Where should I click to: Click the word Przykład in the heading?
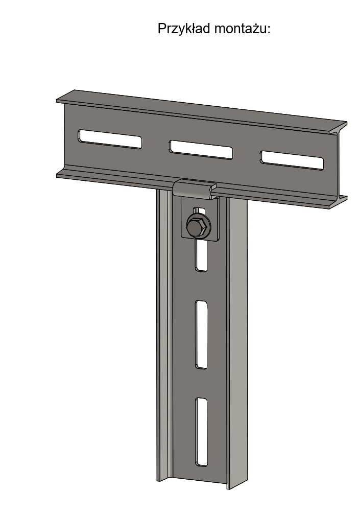coord(184,29)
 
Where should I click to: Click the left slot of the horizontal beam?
coord(110,139)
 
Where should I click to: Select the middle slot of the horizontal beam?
coord(201,149)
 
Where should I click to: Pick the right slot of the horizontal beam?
coord(292,160)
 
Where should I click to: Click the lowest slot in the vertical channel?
coord(201,432)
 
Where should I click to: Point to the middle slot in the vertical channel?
coord(201,334)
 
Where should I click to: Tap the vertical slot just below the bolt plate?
coord(201,255)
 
